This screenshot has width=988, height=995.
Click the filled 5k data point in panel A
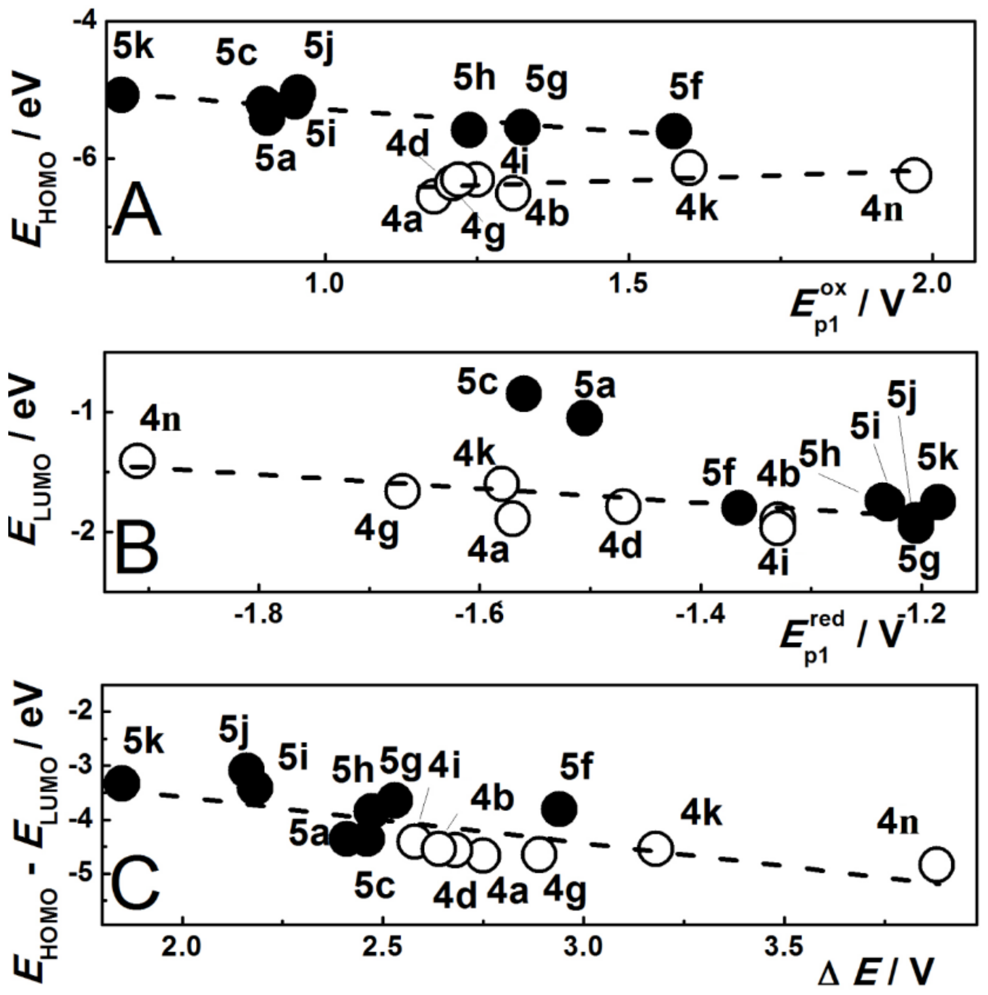(121, 95)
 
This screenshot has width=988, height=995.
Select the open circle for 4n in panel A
(914, 175)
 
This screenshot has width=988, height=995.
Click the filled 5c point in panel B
(523, 393)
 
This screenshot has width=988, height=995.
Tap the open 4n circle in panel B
(137, 460)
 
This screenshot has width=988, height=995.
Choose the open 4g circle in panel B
(402, 491)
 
